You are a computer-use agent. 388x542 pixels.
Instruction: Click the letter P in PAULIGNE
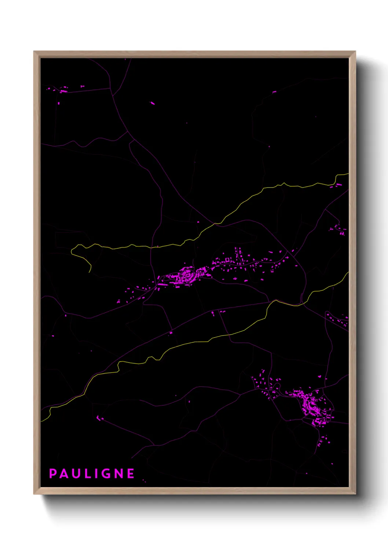(52, 474)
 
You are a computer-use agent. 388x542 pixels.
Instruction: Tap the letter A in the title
(65, 474)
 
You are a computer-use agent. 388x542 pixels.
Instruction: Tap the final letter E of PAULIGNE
(131, 474)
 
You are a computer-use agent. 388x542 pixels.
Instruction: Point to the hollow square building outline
(227, 260)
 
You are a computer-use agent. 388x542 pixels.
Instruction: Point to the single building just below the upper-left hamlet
(59, 103)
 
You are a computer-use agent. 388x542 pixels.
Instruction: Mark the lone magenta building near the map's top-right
(274, 92)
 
